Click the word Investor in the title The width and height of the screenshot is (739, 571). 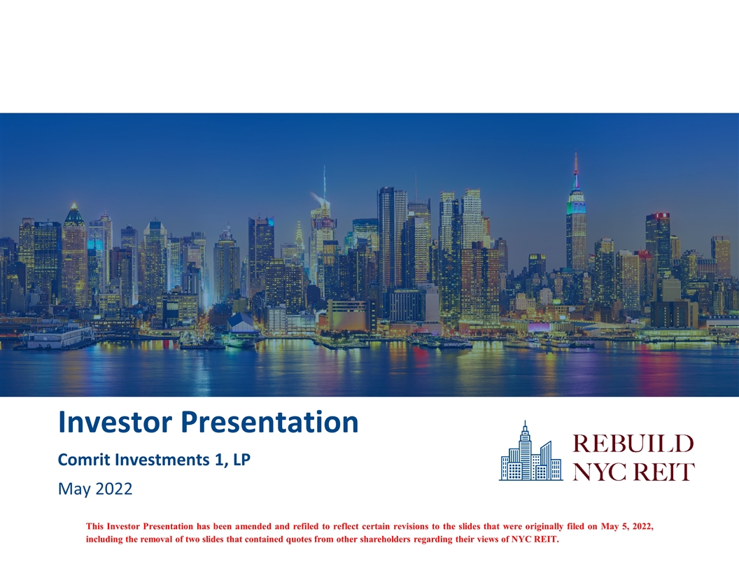click(x=115, y=422)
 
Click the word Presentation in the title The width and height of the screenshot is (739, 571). click(x=269, y=422)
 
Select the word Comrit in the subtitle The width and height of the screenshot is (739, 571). click(x=84, y=459)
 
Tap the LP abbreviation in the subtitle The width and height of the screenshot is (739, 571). click(x=241, y=459)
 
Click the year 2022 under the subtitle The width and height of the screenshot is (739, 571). click(x=113, y=488)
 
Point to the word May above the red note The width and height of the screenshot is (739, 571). click(x=74, y=490)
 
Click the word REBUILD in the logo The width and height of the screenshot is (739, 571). click(x=633, y=444)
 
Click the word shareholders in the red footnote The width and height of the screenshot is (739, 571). click(x=385, y=540)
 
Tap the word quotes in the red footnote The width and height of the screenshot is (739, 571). click(x=298, y=540)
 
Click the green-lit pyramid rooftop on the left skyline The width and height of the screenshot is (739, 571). click(x=74, y=213)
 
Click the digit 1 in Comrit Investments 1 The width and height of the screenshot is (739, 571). click(x=218, y=459)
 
